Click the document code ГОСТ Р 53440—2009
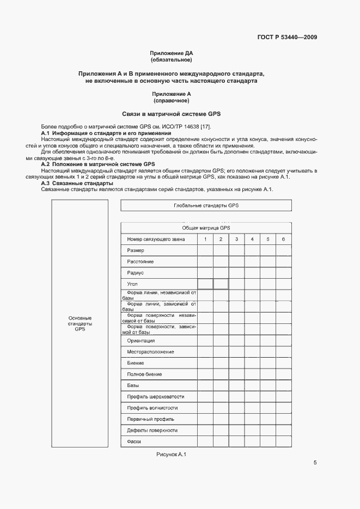pos(287,37)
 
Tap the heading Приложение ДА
pos(172,53)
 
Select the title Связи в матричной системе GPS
pos(172,114)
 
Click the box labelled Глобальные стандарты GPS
pos(206,206)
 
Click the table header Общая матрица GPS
pos(206,228)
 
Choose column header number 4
pos(252,239)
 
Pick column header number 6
pos(283,239)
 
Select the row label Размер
pos(136,250)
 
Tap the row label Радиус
pos(136,273)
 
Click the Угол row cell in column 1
pos(205,284)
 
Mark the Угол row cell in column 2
pos(221,284)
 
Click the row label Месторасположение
pos(151,352)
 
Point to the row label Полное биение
pos(144,375)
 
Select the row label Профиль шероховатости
pos(156,397)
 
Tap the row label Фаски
pos(135,441)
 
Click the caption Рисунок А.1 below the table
pos(172,455)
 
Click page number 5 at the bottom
pos(315,463)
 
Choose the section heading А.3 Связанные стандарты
pos(74,183)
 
